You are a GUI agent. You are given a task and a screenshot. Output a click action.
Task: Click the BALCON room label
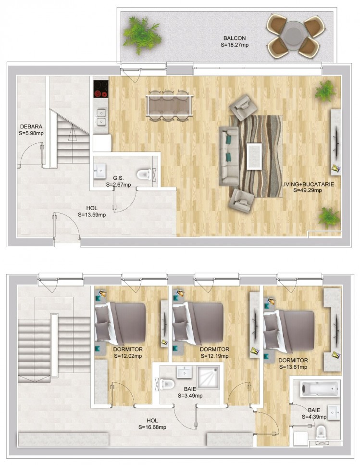point(235,38)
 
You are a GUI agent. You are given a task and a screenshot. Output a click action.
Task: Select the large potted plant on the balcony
point(142,35)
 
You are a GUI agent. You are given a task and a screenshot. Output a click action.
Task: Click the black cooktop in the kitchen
point(101,89)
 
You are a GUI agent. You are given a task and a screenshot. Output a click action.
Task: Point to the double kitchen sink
point(101,117)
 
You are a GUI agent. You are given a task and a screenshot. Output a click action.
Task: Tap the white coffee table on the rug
point(254,156)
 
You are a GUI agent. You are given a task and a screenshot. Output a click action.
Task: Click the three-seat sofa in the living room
point(229,156)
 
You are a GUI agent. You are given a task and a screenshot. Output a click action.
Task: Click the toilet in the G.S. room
point(144,174)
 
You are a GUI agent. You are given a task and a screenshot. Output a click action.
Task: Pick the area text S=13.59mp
point(92,214)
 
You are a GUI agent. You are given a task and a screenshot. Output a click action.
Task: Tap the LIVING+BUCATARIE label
point(308,184)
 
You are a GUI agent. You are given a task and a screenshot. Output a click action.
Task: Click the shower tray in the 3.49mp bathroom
point(209,377)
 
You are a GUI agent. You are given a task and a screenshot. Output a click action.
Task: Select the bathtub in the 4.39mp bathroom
point(319,389)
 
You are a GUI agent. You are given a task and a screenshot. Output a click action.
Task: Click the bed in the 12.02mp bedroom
point(120,322)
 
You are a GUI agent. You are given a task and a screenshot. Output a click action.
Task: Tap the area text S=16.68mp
point(152,427)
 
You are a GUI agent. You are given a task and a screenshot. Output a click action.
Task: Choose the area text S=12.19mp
point(214,356)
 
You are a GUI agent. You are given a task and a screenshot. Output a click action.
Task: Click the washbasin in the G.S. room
point(99,171)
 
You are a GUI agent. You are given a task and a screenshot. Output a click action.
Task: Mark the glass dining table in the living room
point(169,106)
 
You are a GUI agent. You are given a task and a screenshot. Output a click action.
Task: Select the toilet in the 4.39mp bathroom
point(321,432)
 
